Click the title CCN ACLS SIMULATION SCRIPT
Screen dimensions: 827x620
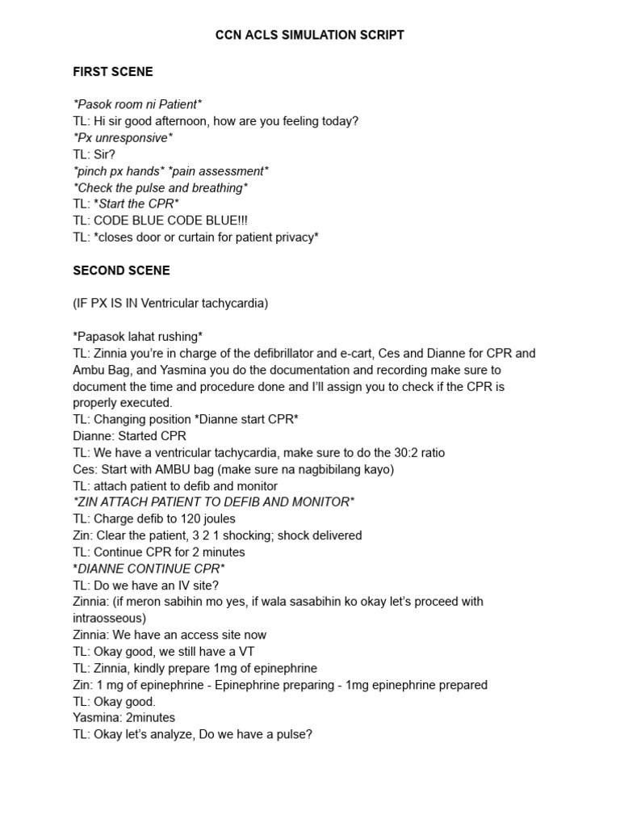click(310, 36)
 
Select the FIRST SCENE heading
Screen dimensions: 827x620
click(113, 72)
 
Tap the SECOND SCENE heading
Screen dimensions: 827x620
click(121, 271)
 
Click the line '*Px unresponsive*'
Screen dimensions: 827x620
click(123, 138)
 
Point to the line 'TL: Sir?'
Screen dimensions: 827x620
click(94, 154)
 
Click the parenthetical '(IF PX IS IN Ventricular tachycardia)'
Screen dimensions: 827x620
click(170, 304)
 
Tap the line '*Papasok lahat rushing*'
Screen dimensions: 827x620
click(137, 337)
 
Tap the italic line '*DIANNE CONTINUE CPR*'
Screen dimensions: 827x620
click(149, 569)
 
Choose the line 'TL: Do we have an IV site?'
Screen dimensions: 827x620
click(146, 585)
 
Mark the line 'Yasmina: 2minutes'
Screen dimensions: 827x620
click(124, 718)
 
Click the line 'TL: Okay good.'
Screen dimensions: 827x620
click(115, 701)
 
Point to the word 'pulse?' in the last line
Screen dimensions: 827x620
click(293, 734)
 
